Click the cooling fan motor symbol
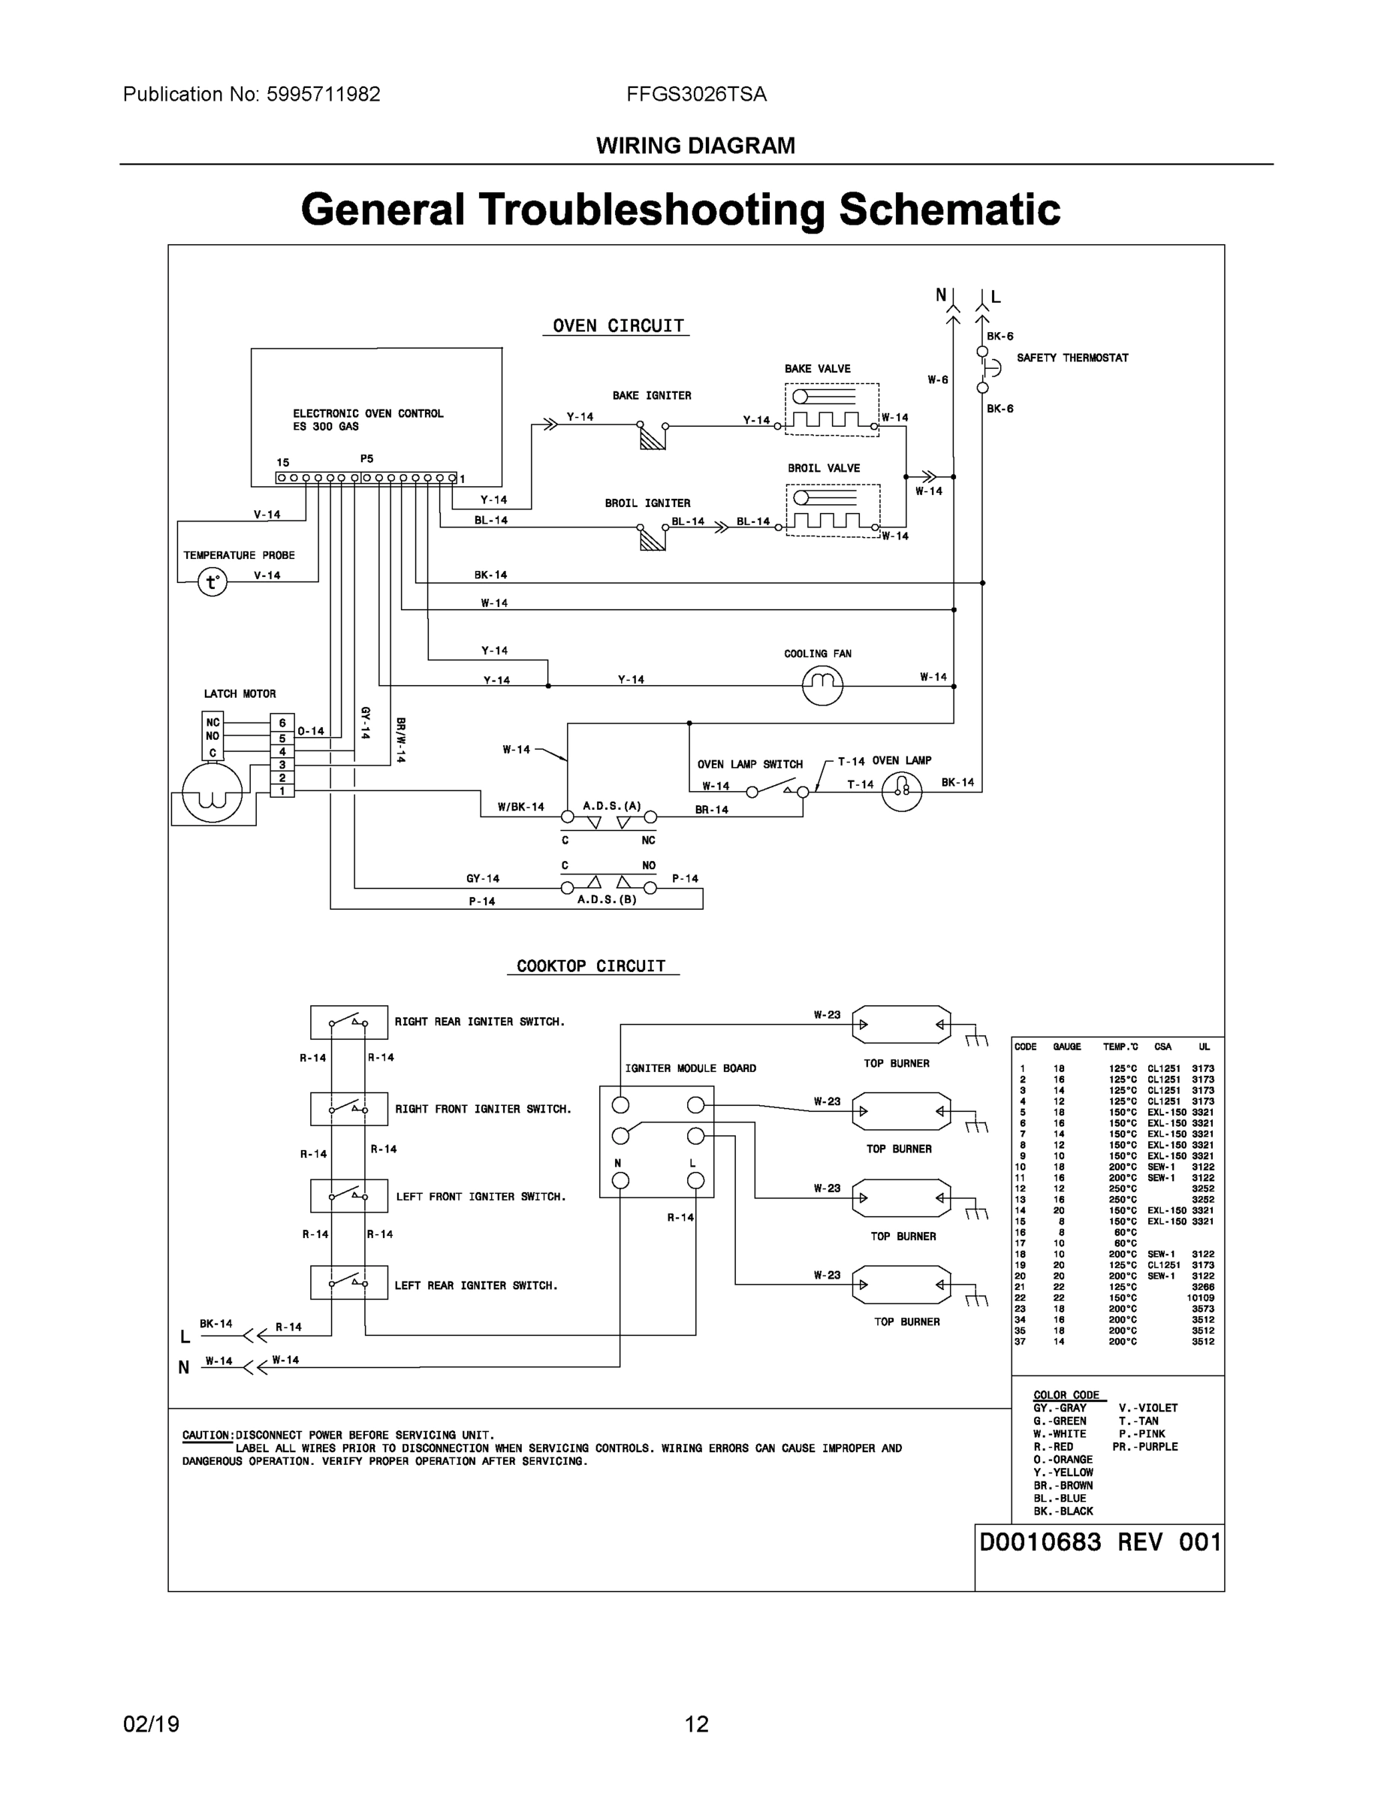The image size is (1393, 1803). click(822, 684)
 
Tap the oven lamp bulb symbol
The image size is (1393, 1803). click(901, 791)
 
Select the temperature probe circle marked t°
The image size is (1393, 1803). click(212, 582)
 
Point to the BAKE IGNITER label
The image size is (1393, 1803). click(651, 395)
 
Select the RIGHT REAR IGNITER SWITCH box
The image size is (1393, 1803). click(348, 1022)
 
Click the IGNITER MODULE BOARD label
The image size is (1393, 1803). click(690, 1068)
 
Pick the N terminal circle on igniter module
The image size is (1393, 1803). click(620, 1180)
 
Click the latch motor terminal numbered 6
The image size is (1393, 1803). click(282, 723)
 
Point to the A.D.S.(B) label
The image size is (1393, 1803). click(607, 899)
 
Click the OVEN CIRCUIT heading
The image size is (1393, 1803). click(617, 325)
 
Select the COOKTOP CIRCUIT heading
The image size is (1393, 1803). click(591, 966)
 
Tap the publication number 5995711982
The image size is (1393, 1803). click(322, 94)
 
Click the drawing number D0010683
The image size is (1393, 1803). click(1040, 1542)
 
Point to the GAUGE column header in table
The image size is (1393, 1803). click(1066, 1046)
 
